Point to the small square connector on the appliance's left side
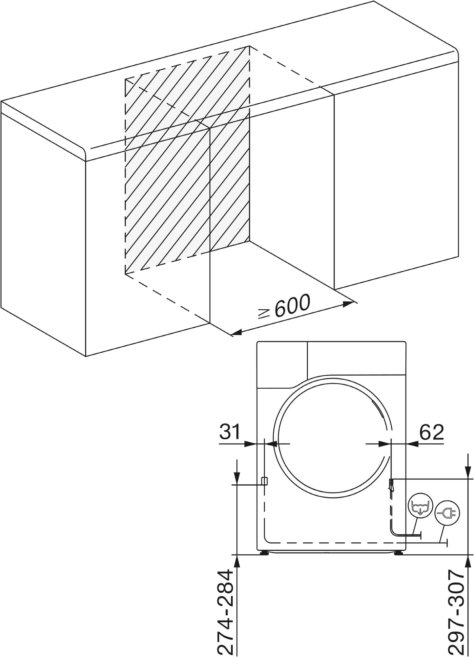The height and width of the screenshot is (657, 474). (264, 481)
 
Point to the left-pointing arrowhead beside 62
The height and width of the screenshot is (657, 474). (412, 444)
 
